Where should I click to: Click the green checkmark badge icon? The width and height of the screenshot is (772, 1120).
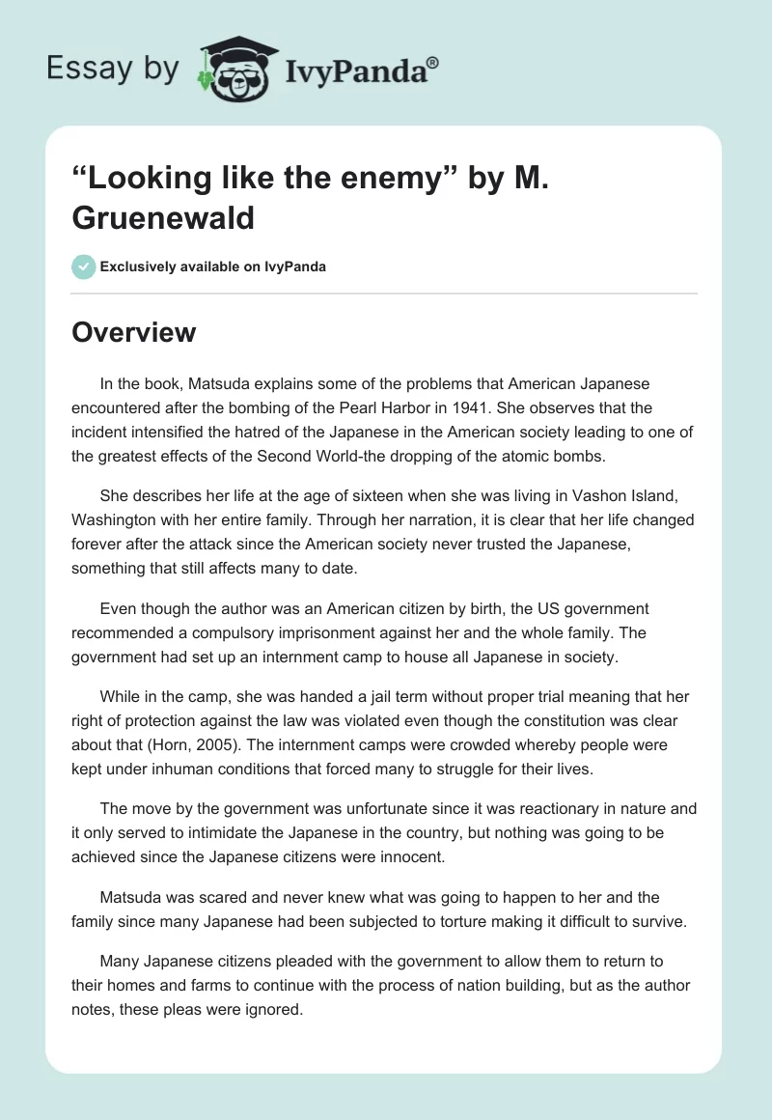(84, 266)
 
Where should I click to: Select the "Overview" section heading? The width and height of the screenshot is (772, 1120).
(134, 332)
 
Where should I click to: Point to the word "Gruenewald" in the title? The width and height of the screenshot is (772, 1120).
(163, 217)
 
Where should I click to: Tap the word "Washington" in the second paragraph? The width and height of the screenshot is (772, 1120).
(117, 521)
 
